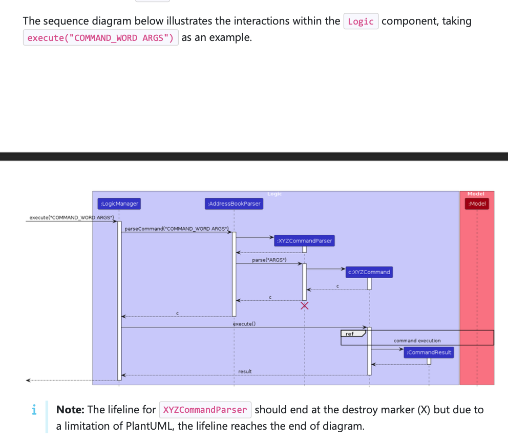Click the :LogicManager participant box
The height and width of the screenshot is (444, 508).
119,204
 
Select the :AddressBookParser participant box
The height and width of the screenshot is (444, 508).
234,204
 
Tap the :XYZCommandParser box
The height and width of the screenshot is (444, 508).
304,240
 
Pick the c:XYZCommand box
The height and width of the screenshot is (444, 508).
369,272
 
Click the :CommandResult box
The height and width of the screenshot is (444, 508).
429,352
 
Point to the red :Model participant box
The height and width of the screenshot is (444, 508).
477,204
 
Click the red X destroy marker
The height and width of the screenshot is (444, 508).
305,306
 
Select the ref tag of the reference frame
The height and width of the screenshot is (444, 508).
350,334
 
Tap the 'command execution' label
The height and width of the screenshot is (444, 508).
417,341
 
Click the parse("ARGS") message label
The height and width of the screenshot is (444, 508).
269,260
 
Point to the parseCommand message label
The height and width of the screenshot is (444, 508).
176,228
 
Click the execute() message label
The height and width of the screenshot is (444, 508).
244,324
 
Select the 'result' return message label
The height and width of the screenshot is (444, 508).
245,371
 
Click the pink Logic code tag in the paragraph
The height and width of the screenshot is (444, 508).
361,21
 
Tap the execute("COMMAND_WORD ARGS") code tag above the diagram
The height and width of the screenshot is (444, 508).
100,38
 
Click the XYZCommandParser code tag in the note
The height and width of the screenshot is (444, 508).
205,410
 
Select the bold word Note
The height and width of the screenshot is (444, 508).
70,410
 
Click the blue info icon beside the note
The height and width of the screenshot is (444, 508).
34,410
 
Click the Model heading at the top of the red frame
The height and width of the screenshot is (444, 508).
476,194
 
